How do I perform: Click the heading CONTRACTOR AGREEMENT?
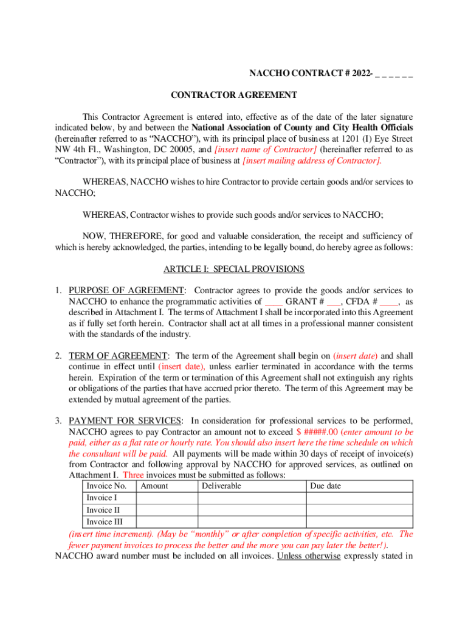233,95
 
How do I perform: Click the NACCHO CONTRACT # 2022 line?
331,74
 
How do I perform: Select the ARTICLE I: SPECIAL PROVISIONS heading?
234,269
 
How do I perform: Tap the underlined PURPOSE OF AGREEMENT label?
126,291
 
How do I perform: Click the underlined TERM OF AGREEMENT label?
118,356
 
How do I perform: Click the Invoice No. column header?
106,486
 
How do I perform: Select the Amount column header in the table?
154,486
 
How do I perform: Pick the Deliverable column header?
221,486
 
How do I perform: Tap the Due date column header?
325,486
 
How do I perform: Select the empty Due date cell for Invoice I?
359,498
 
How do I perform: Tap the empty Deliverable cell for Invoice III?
251,522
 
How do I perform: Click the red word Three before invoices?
133,475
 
